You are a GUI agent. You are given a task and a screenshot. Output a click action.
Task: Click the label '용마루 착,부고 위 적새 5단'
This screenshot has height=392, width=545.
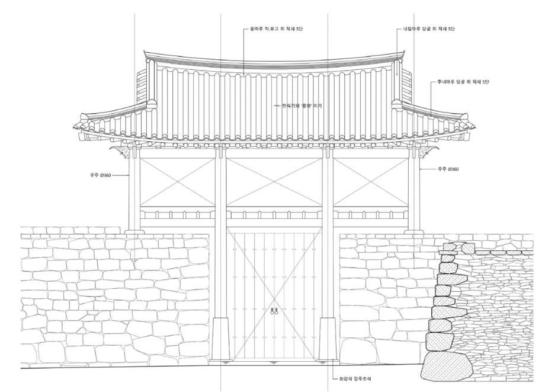(277, 29)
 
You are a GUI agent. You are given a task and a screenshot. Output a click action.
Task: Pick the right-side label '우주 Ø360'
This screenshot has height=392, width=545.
(447, 169)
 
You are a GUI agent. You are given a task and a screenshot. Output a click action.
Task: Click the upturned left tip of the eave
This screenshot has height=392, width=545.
(75, 126)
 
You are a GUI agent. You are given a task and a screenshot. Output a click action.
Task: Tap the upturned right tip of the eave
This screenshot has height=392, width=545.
(472, 126)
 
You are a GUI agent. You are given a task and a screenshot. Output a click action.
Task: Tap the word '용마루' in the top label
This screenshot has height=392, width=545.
(258, 29)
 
